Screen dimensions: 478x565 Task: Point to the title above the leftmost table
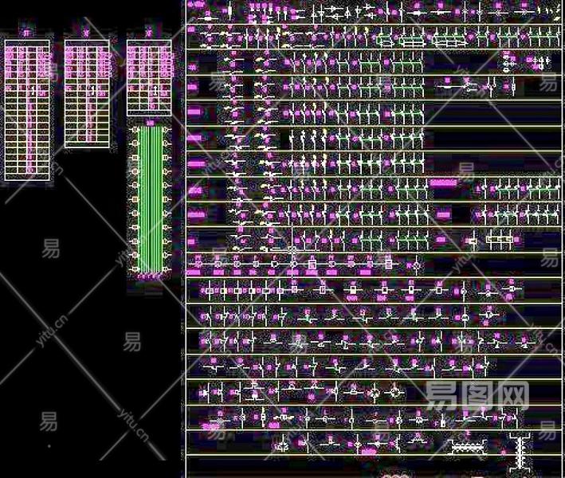pyautogui.click(x=26, y=33)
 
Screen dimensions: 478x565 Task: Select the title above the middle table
pyautogui.click(x=86, y=33)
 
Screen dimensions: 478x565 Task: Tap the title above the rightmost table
pyautogui.click(x=149, y=33)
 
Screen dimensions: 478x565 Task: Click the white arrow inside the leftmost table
pyautogui.click(x=29, y=119)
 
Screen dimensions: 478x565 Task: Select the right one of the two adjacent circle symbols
pyautogui.click(x=395, y=393)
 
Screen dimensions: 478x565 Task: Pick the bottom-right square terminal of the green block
pyautogui.click(x=165, y=270)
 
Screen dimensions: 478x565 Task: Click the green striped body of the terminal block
pyautogui.click(x=149, y=199)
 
